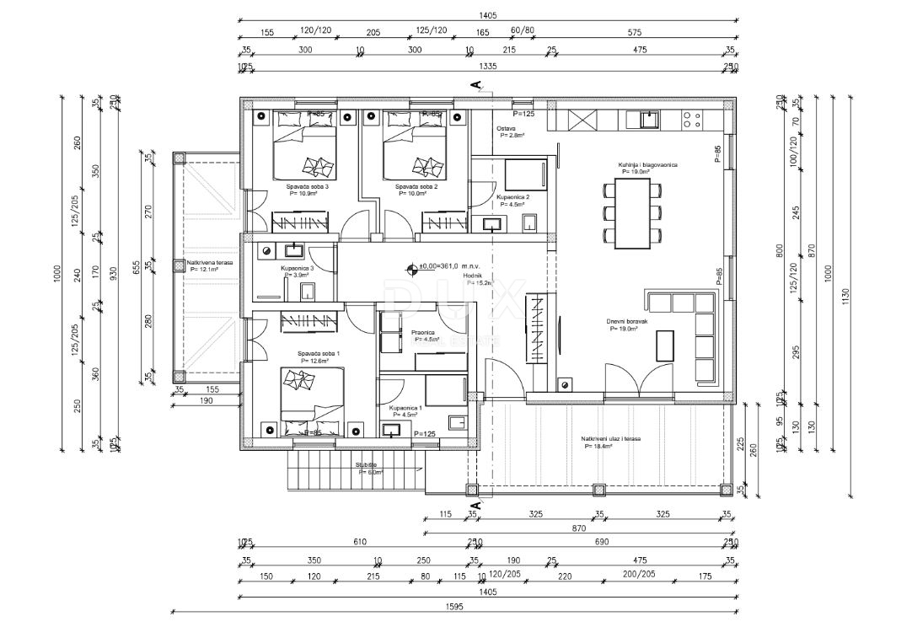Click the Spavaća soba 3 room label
[307, 186]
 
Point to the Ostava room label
[505, 129]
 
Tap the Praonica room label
[423, 333]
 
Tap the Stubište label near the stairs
[367, 464]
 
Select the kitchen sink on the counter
[649, 120]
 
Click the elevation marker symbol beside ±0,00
[412, 269]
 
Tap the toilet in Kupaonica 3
[308, 292]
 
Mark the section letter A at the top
[476, 83]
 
